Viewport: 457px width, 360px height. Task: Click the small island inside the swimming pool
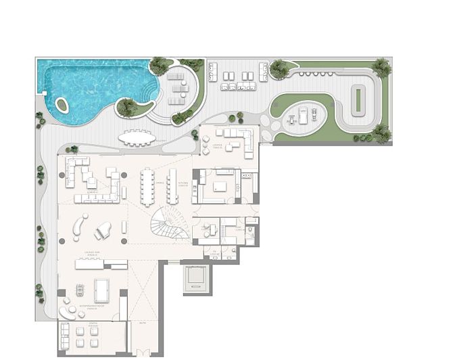(x=62, y=106)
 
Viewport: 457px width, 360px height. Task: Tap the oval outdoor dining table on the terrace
(x=137, y=138)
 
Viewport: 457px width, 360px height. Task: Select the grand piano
(x=104, y=230)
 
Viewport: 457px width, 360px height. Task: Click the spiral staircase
(x=169, y=223)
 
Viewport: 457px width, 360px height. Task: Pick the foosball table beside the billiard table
(x=79, y=291)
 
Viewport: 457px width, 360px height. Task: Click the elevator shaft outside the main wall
(x=195, y=277)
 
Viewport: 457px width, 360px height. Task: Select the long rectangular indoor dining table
(x=148, y=185)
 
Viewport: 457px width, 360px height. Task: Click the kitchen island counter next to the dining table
(x=172, y=185)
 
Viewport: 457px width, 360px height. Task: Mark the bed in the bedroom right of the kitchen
(x=220, y=185)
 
